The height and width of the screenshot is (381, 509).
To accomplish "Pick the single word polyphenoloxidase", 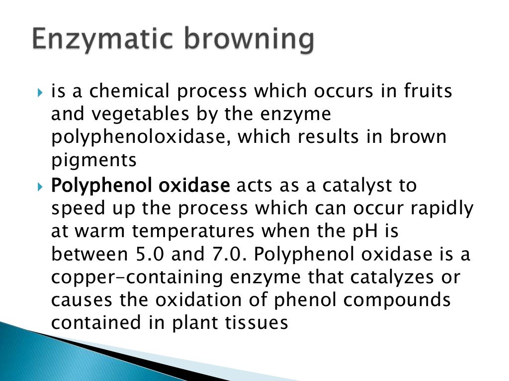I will [x=141, y=137].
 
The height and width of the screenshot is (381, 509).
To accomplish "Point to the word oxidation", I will [x=192, y=301].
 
